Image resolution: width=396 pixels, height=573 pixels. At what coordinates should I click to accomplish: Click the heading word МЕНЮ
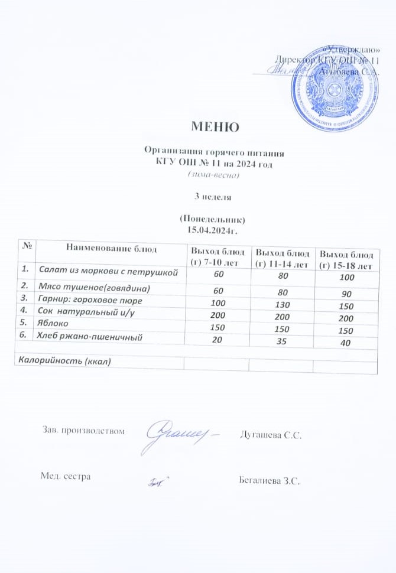(x=215, y=126)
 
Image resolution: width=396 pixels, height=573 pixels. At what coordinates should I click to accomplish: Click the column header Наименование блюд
(x=112, y=249)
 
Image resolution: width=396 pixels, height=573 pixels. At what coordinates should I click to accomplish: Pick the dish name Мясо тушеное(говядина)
(x=95, y=289)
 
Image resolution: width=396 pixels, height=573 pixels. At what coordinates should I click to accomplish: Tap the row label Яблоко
(x=53, y=324)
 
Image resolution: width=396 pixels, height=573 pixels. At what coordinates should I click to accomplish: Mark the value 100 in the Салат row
(x=347, y=278)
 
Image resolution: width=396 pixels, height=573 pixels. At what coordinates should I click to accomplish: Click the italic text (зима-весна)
(x=213, y=174)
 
